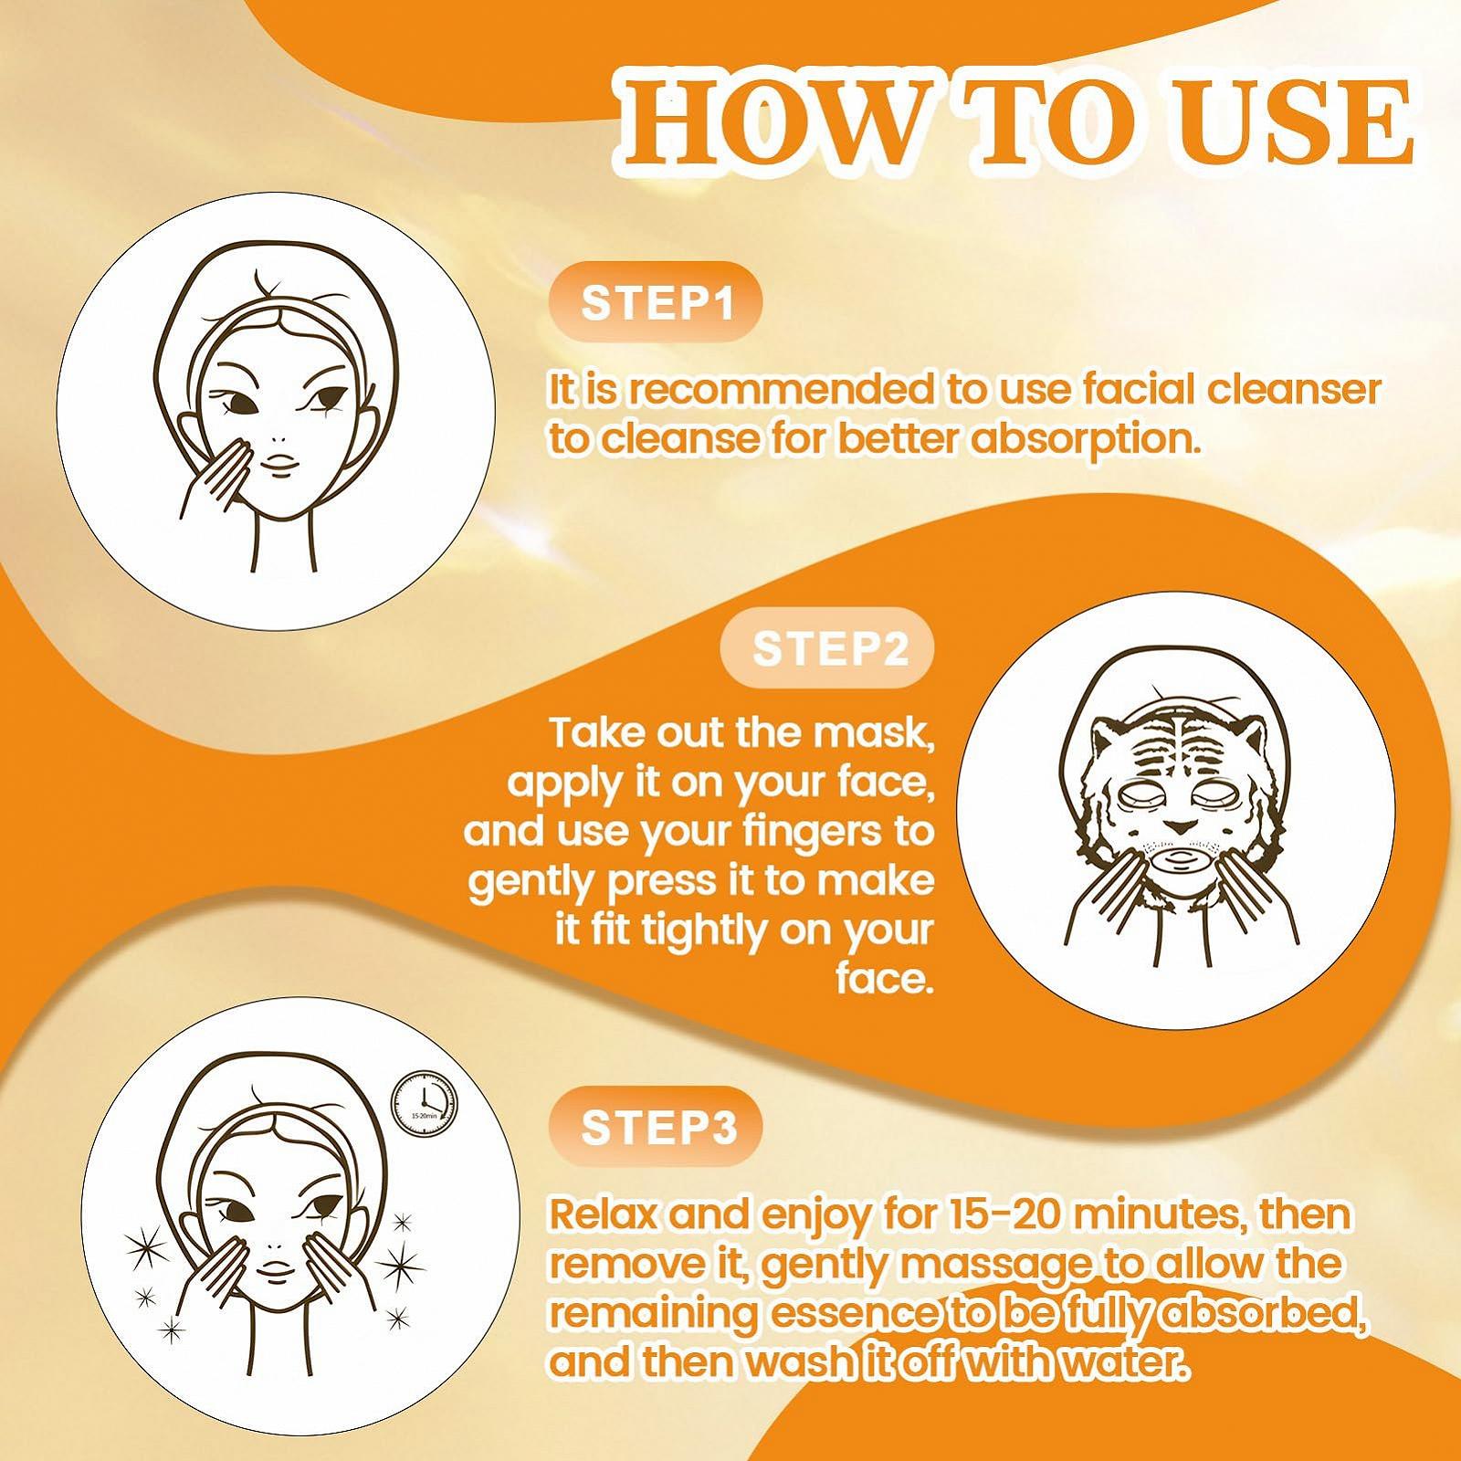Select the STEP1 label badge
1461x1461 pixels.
click(x=657, y=302)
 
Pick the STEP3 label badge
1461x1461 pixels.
click(x=657, y=1128)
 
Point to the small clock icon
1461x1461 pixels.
click(x=423, y=1111)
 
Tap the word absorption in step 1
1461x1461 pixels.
click(x=1083, y=440)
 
